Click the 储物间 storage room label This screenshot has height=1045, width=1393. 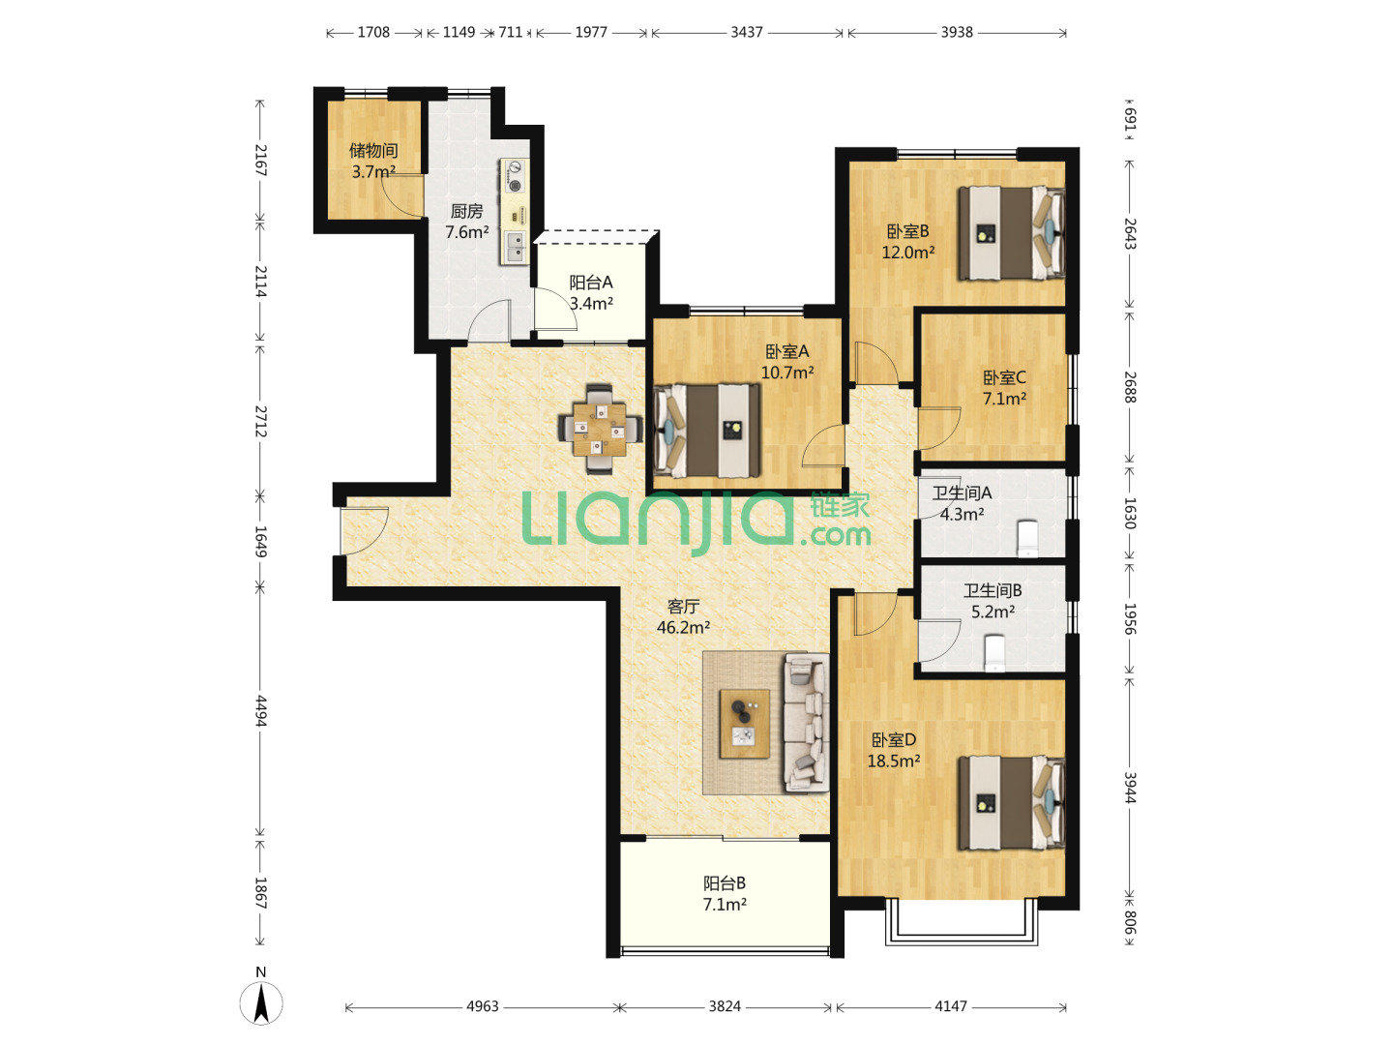pyautogui.click(x=373, y=150)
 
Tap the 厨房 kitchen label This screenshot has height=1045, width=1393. pyautogui.click(x=466, y=211)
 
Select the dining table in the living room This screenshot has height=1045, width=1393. pyautogui.click(x=599, y=429)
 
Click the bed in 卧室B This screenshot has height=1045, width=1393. pyautogui.click(x=1012, y=232)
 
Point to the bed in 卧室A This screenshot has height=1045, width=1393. pyautogui.click(x=706, y=431)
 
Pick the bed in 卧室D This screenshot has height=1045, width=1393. pyautogui.click(x=1012, y=802)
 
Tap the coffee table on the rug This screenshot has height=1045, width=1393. pyautogui.click(x=745, y=724)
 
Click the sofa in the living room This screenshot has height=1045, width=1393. pyautogui.click(x=807, y=723)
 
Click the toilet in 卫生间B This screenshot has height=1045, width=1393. pyautogui.click(x=994, y=653)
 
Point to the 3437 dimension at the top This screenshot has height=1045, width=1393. pyautogui.click(x=746, y=32)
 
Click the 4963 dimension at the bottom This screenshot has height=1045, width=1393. pyautogui.click(x=483, y=1006)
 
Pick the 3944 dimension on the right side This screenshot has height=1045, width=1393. pyautogui.click(x=1130, y=788)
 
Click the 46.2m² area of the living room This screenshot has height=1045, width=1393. pyautogui.click(x=683, y=628)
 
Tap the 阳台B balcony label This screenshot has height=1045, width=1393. pyautogui.click(x=725, y=882)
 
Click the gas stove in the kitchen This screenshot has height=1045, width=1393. pyautogui.click(x=515, y=176)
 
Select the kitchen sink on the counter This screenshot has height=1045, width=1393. pyautogui.click(x=516, y=247)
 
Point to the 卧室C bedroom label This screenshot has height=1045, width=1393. pyautogui.click(x=1004, y=377)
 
